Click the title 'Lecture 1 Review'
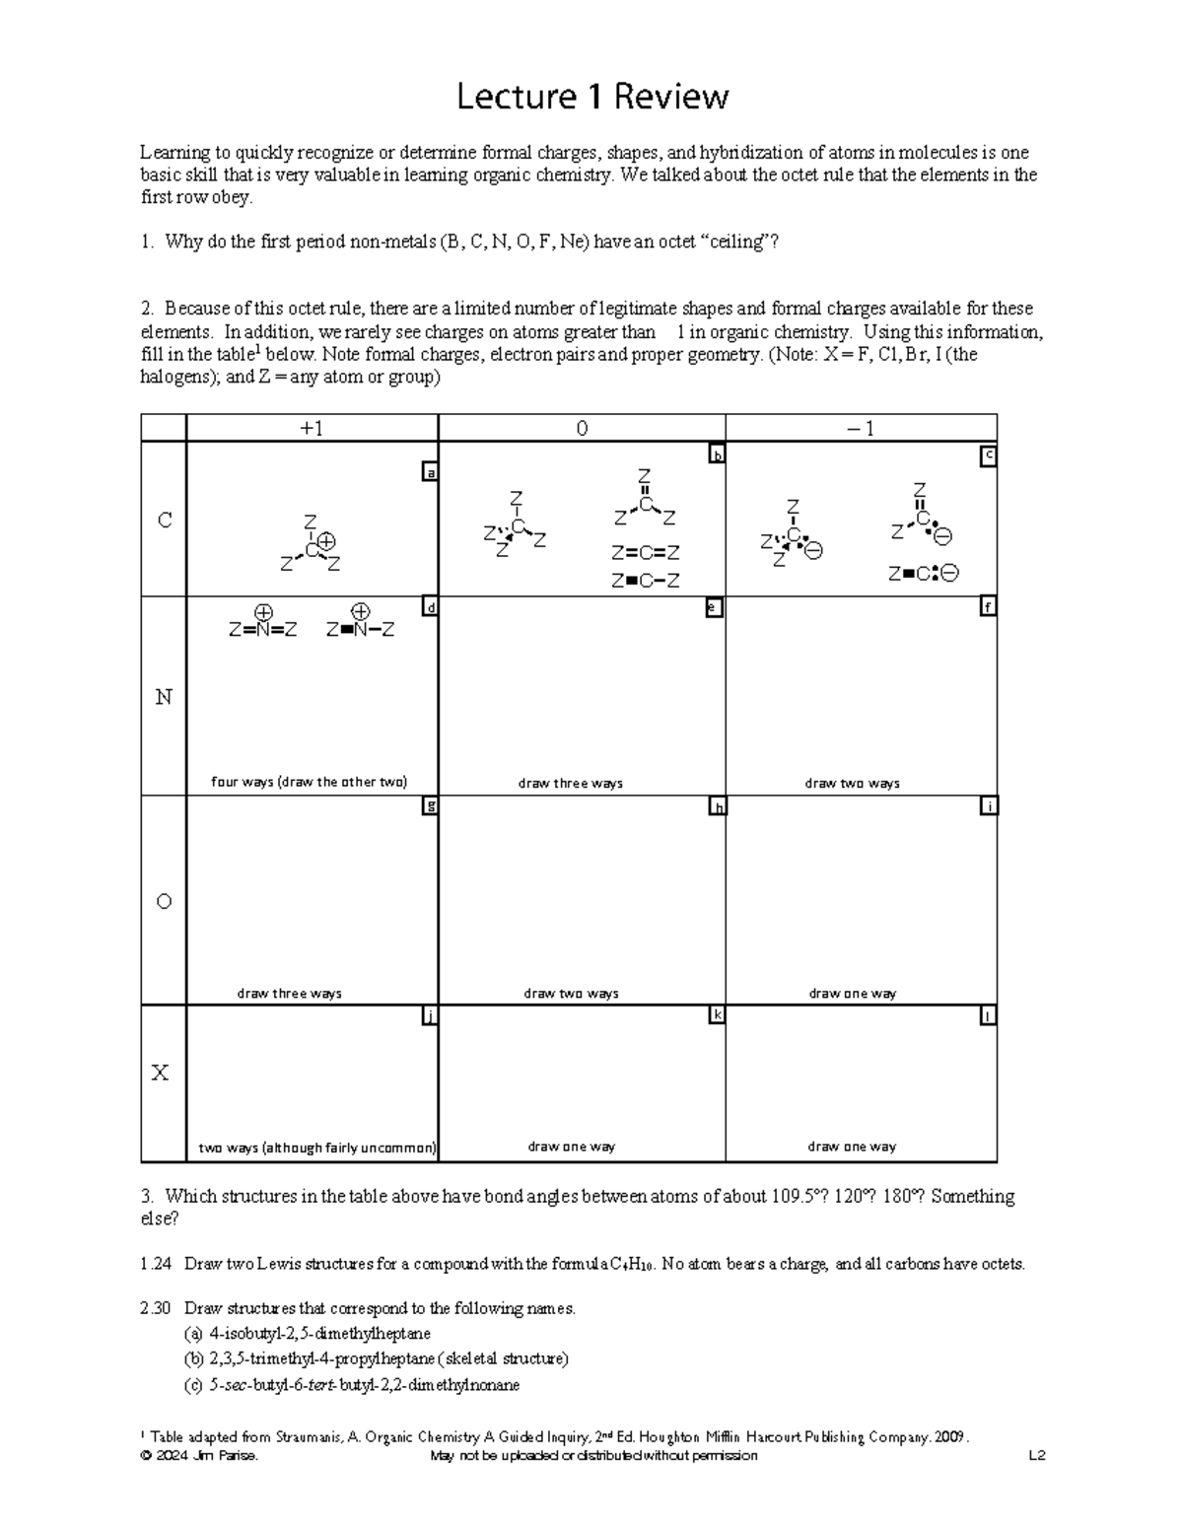591,97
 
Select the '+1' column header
312,429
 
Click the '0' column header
582,429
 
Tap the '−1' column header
861,429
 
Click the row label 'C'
165,520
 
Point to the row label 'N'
164,697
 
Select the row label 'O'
164,901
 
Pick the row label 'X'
161,1074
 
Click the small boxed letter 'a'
429,473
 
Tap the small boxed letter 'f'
988,607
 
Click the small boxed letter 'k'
718,1015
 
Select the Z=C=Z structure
646,553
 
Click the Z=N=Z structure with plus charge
262,629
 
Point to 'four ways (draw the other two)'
309,782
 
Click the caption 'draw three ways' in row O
289,993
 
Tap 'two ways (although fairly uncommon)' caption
316,1148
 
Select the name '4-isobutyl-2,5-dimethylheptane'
313,1334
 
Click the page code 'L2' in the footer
1036,1456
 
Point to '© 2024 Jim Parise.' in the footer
199,1456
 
